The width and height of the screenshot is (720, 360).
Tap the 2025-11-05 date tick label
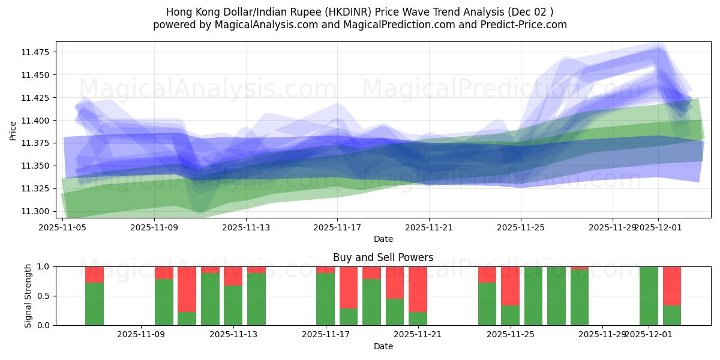coord(63,227)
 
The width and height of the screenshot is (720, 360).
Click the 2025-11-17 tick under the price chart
coord(337,227)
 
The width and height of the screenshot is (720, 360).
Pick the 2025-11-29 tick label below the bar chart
coord(602,335)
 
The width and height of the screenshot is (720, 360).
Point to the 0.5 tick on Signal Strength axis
coord(46,296)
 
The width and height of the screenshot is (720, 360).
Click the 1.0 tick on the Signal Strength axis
coord(46,266)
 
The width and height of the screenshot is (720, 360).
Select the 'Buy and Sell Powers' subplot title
coord(383,257)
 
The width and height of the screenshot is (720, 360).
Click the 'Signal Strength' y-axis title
coord(28,296)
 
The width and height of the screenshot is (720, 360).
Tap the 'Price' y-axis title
coord(13,130)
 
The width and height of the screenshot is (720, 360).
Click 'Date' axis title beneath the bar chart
coord(383,346)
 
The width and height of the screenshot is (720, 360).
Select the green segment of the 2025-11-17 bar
coord(325,299)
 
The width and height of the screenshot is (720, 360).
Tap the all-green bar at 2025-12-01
coord(649,296)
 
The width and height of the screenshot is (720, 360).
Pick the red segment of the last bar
coord(672,286)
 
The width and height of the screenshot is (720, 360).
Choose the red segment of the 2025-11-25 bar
coord(510,286)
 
